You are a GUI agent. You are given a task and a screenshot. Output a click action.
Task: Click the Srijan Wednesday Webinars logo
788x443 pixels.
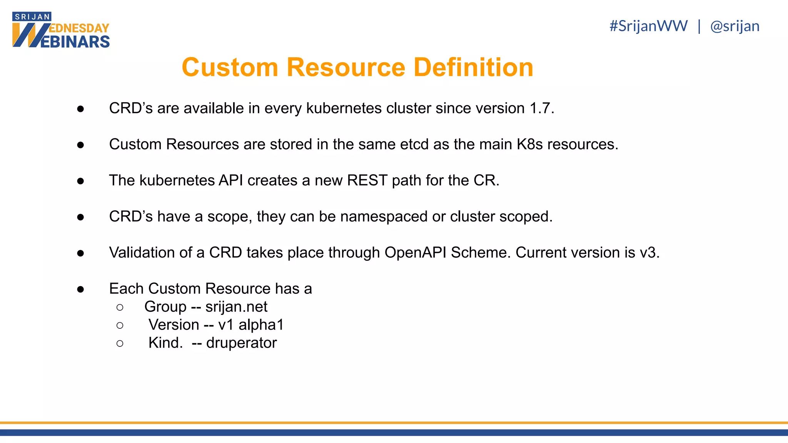click(x=61, y=30)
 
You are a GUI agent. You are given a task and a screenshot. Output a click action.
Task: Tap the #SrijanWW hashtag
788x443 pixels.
click(x=648, y=26)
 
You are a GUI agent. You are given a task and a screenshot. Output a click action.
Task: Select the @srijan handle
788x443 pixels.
click(x=735, y=26)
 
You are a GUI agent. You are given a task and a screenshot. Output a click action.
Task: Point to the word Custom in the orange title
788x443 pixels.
click(x=230, y=67)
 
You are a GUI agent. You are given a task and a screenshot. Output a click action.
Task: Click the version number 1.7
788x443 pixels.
click(x=541, y=108)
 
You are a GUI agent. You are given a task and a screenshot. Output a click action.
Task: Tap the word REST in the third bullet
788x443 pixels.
click(x=367, y=181)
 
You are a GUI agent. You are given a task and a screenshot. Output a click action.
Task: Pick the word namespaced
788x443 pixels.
click(x=384, y=217)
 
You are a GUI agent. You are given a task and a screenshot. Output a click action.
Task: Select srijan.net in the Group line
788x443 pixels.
click(x=236, y=307)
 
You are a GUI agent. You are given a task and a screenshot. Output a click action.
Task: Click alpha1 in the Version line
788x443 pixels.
click(x=261, y=325)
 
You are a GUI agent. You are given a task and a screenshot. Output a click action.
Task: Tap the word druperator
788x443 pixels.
click(x=241, y=343)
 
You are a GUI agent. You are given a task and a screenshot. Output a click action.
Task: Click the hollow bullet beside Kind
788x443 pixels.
click(x=120, y=343)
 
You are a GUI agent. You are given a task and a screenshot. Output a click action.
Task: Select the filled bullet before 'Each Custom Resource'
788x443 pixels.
click(x=80, y=289)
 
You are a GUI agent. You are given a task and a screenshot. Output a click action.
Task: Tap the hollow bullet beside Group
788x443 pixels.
click(x=120, y=307)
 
